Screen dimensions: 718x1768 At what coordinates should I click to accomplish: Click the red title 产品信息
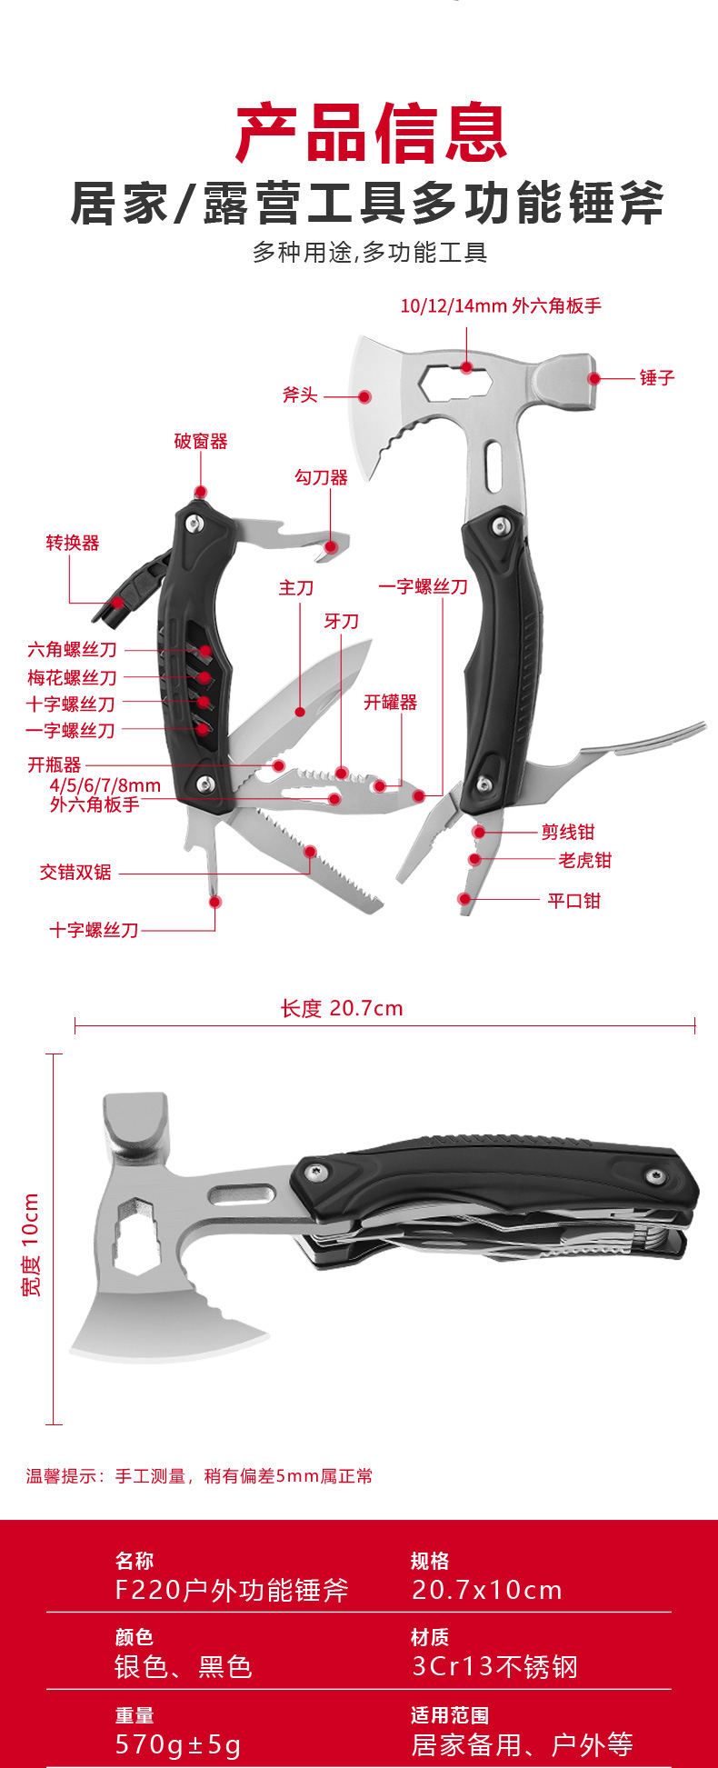(371, 134)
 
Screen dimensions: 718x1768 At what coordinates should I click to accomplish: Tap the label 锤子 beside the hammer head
(656, 377)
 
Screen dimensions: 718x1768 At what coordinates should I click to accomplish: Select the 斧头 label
(300, 395)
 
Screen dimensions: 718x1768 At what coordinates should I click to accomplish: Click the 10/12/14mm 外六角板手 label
(501, 305)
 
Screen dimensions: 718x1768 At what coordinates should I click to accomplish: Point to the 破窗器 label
(201, 442)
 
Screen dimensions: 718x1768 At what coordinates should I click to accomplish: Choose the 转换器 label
(73, 543)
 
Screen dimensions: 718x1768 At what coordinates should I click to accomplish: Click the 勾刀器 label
(321, 477)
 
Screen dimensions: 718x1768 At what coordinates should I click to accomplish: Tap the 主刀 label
(296, 588)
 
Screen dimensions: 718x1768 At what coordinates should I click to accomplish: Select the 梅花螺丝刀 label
(72, 677)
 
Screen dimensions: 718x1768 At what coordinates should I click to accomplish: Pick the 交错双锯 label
(75, 873)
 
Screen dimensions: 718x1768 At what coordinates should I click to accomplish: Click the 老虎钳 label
(584, 860)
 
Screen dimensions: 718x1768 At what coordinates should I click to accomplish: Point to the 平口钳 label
(574, 901)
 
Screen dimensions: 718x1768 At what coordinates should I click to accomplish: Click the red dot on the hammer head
(593, 378)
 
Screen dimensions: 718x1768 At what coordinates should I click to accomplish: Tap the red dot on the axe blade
(364, 396)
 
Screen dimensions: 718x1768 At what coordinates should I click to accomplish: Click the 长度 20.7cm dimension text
(342, 1008)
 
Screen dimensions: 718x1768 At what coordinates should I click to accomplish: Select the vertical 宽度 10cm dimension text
(31, 1244)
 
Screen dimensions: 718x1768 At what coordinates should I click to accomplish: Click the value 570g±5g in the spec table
(178, 1744)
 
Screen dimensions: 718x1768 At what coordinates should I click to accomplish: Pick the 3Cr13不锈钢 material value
(494, 1666)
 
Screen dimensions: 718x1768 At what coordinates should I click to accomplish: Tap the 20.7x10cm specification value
(487, 1590)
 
